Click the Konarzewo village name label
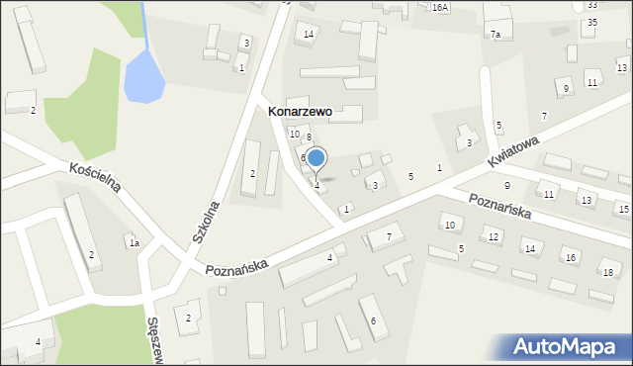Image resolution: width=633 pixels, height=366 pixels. [300, 113]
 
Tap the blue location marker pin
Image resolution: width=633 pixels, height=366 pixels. [316, 159]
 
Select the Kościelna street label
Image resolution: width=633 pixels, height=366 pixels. [95, 181]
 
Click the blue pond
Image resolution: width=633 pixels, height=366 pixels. [144, 78]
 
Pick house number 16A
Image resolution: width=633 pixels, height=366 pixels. [439, 7]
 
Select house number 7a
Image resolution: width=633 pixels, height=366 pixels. [496, 34]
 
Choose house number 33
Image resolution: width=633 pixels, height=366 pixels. [591, 5]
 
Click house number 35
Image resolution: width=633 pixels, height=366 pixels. [591, 22]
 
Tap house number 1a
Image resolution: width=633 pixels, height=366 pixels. [134, 242]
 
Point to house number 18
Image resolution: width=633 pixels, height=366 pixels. [606, 272]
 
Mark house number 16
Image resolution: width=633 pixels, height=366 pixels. [570, 258]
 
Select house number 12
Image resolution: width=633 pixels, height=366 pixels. [493, 237]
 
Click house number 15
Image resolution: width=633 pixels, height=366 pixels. [622, 210]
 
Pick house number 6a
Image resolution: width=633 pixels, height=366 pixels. [304, 158]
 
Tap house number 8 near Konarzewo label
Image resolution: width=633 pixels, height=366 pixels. [309, 137]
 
